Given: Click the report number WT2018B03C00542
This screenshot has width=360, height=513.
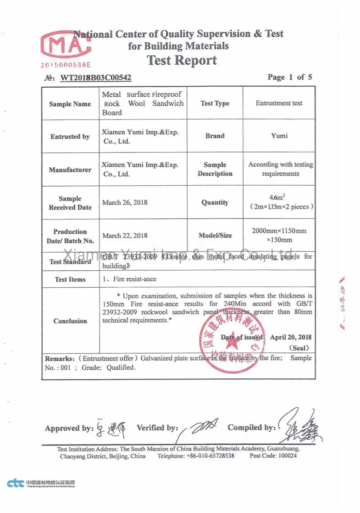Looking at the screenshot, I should coord(95,78).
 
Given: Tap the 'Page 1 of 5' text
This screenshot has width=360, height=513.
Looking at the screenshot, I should coord(289,77).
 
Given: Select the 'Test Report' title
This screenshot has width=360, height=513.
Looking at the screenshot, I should coord(182,60).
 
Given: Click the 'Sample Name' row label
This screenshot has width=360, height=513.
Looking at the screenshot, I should coord(70,104).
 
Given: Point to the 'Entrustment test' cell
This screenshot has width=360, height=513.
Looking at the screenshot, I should coord(279,103).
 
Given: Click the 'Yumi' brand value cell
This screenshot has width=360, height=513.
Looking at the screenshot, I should coord(279,135).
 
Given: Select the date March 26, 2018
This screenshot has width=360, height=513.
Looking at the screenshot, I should coord(125,202).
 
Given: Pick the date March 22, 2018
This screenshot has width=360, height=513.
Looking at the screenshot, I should coord(125,236).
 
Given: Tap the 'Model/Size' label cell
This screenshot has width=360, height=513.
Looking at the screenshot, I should coord(215,236).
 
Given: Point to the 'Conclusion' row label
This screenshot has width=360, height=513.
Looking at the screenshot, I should coord(70,321).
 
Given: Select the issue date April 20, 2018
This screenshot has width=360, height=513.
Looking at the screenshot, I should coord(291,337).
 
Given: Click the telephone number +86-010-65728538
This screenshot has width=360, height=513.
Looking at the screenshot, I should coord(210,456).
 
